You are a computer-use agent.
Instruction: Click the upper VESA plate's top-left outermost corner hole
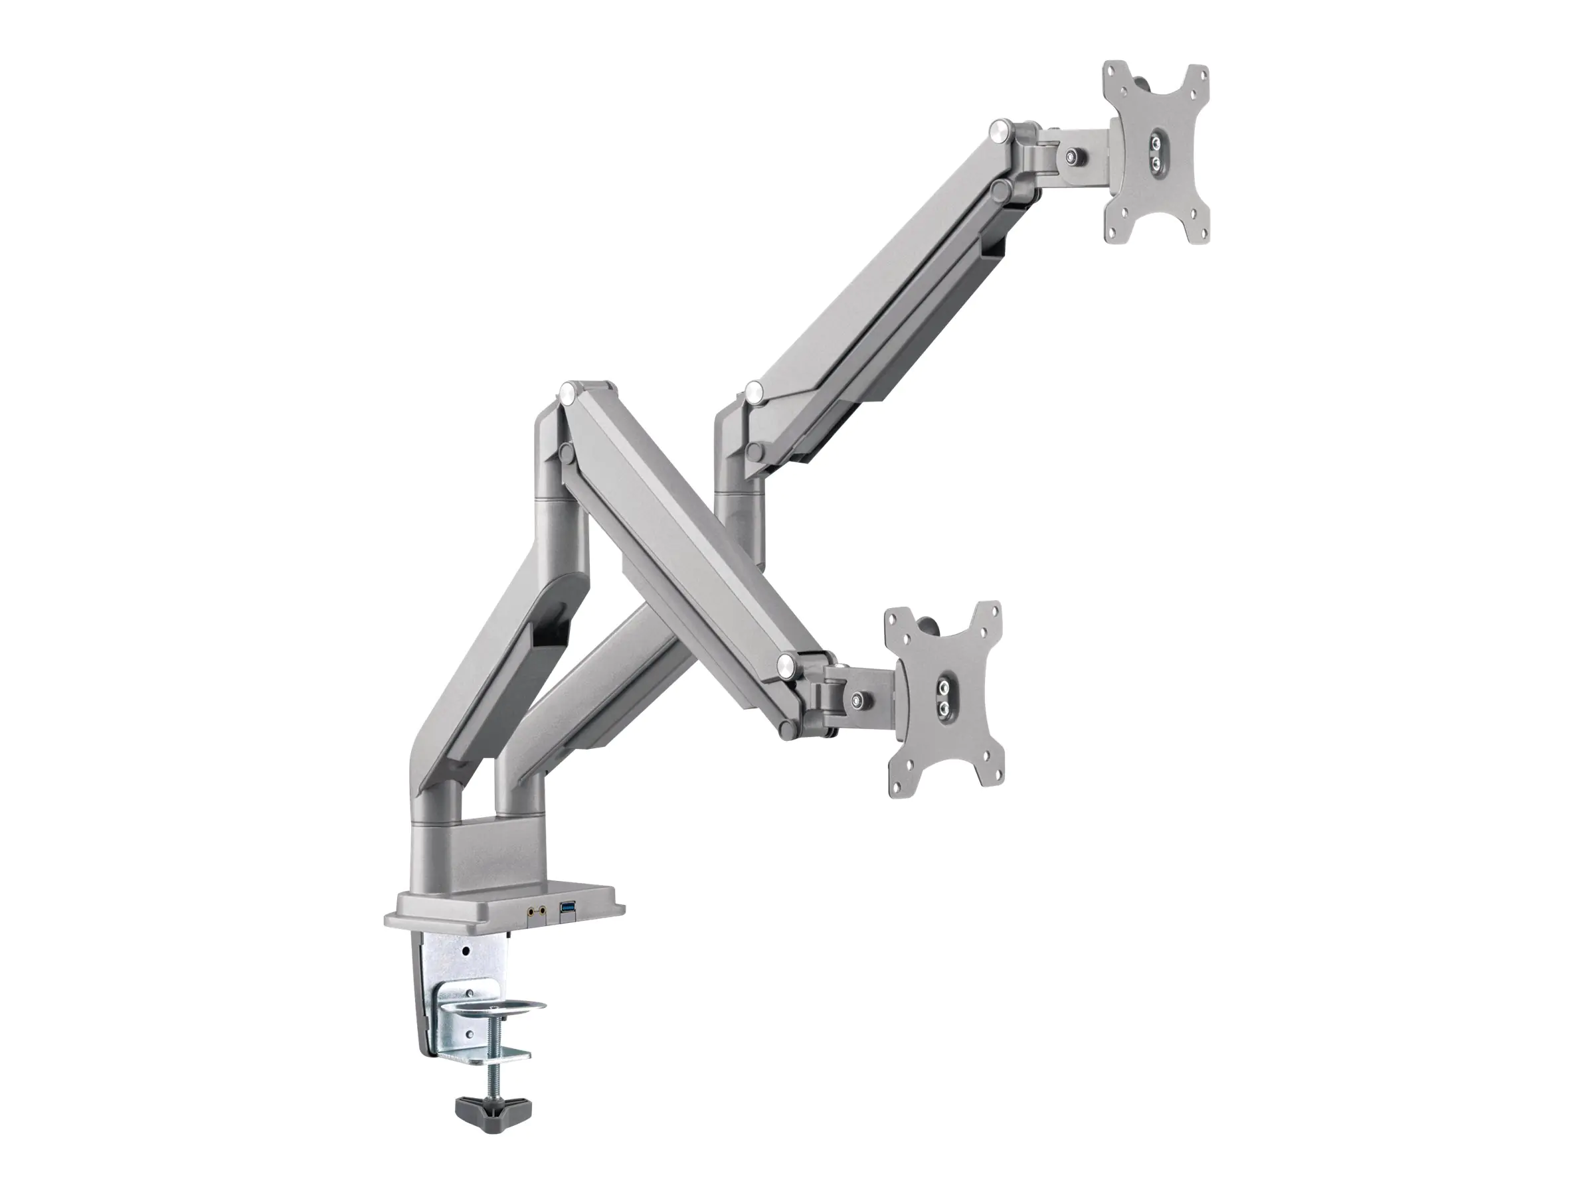[x=1111, y=74]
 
